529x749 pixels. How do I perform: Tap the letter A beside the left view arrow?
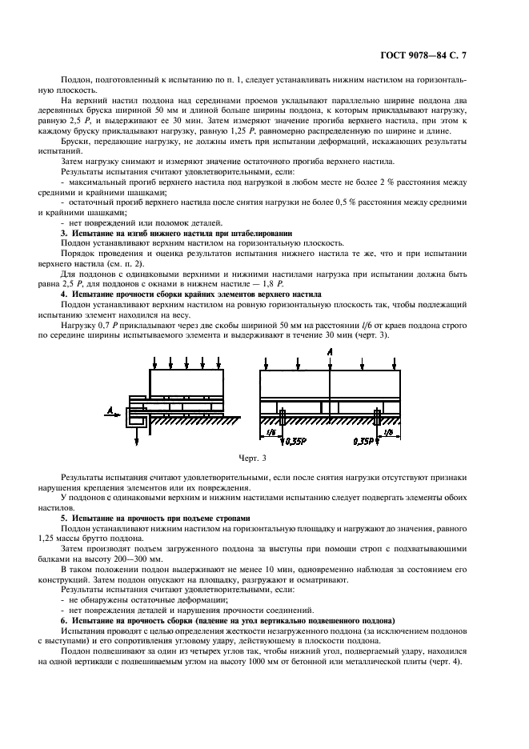[x=108, y=411]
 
